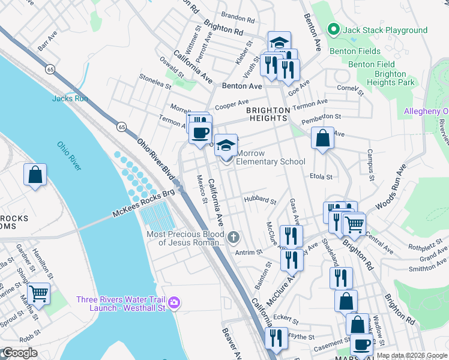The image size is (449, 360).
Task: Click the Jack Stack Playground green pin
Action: [x=334, y=29]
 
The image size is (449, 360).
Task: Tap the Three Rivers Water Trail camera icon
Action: [x=174, y=301]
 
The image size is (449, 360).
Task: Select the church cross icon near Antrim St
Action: [x=234, y=238]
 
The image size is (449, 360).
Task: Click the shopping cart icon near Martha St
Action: [x=38, y=293]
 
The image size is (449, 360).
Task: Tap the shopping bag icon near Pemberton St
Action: [x=323, y=138]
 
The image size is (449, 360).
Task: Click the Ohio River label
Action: [x=70, y=154]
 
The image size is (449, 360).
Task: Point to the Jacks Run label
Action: [x=70, y=98]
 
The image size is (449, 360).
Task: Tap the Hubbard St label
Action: [x=259, y=200]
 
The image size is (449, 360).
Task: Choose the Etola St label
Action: [x=321, y=177]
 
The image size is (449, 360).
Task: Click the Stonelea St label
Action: [x=155, y=81]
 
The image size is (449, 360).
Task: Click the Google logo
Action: [x=19, y=353]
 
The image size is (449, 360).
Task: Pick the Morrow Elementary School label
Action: [x=271, y=157]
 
